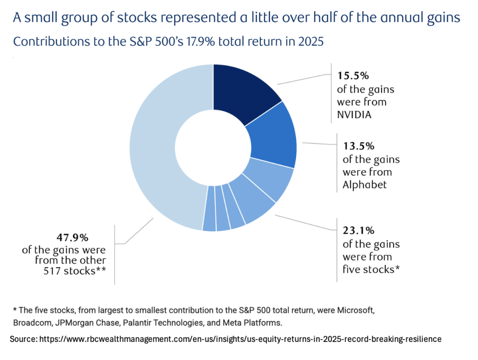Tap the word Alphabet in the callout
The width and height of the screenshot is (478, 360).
coord(365,185)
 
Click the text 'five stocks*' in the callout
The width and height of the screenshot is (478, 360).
coord(371,269)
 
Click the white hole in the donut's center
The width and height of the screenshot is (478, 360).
coord(213,148)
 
